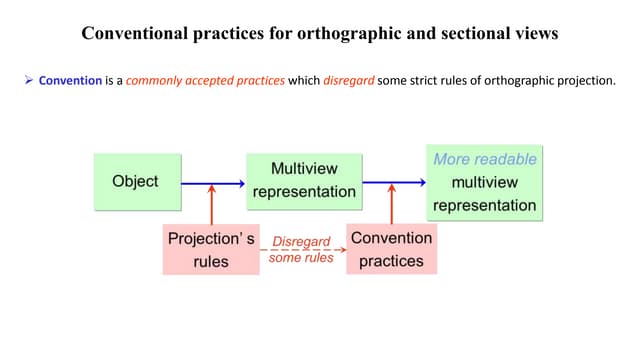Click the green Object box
point(135,181)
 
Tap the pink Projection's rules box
point(211,250)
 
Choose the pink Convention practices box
point(391,250)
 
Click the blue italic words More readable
point(485,159)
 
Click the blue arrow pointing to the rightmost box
point(394,182)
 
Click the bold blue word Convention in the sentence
point(70,79)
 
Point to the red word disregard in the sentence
point(350,79)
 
